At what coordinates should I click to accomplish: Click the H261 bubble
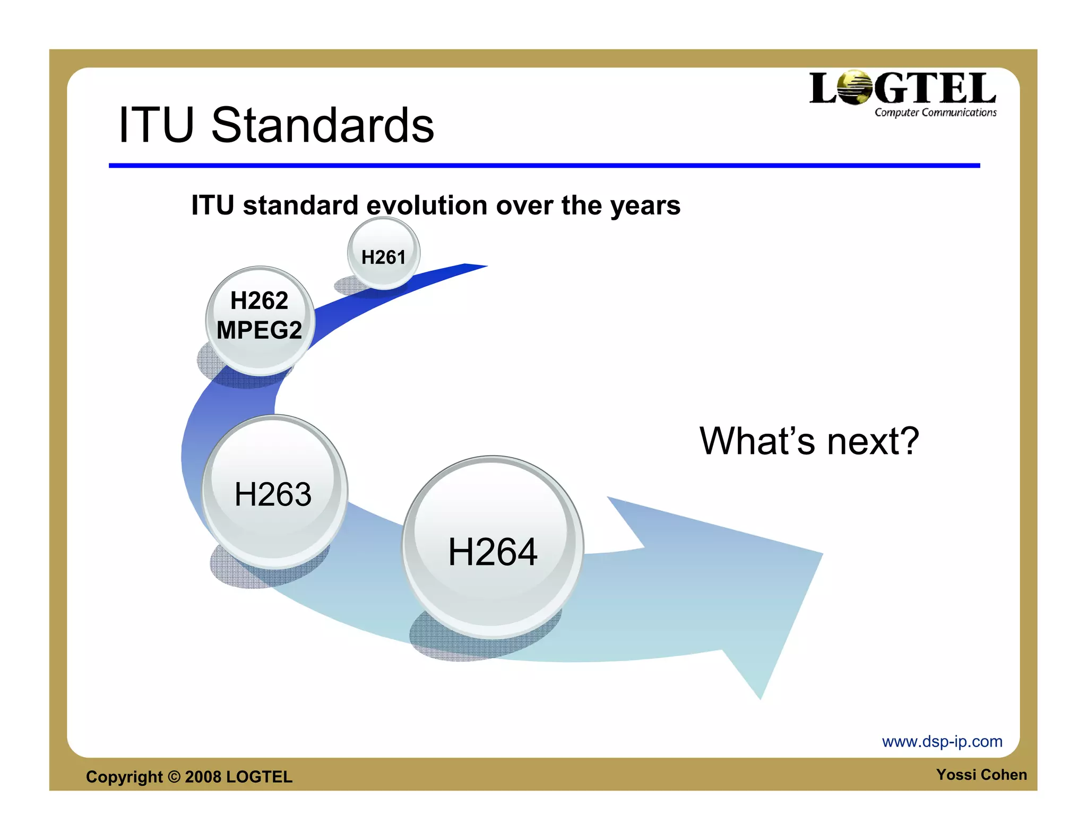click(x=383, y=254)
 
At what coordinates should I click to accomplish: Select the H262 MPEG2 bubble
click(x=260, y=320)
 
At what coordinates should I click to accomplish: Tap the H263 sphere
click(x=274, y=492)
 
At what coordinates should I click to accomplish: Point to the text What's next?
click(x=809, y=441)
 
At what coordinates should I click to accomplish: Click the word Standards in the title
click(x=323, y=125)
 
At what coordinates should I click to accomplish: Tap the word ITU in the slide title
click(x=156, y=125)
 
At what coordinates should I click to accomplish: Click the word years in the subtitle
click(x=645, y=206)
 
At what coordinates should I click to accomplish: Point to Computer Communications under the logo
click(x=935, y=113)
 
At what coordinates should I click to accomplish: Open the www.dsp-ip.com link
click(x=942, y=741)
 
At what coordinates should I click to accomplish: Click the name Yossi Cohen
click(x=981, y=775)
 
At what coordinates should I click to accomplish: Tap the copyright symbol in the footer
click(x=174, y=777)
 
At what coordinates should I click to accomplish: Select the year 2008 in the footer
click(x=203, y=777)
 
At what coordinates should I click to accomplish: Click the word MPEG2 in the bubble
click(x=260, y=330)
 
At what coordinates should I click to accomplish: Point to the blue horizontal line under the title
click(x=544, y=166)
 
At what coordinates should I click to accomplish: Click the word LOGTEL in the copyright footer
click(x=259, y=777)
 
